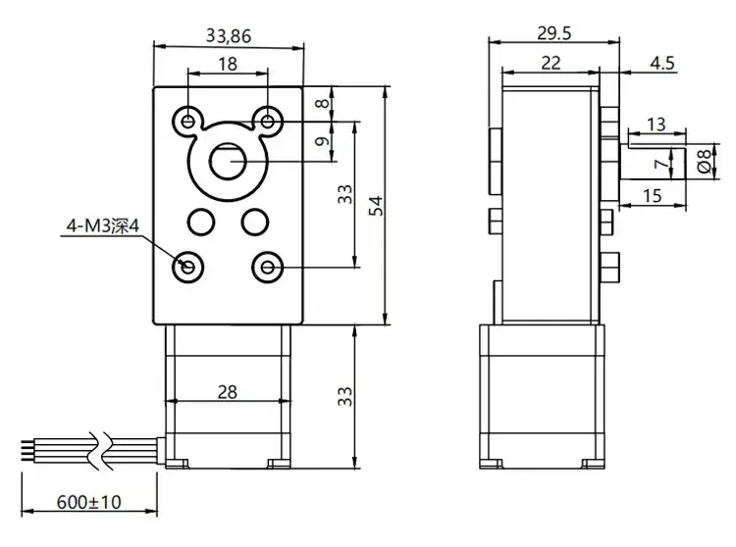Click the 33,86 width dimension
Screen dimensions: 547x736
pos(228,36)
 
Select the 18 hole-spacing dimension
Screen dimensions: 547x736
pos(227,65)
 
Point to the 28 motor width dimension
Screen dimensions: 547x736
pos(227,392)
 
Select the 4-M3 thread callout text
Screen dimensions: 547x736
pos(103,228)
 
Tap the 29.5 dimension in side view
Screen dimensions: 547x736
pos(554,32)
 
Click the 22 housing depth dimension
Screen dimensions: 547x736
pos(552,64)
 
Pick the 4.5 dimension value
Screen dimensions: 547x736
pos(661,64)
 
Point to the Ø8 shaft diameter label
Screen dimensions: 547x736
pos(703,161)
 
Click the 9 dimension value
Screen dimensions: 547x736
pos(320,141)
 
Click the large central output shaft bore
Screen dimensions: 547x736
pos(228,160)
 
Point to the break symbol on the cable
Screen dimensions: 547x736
pos(96,448)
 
